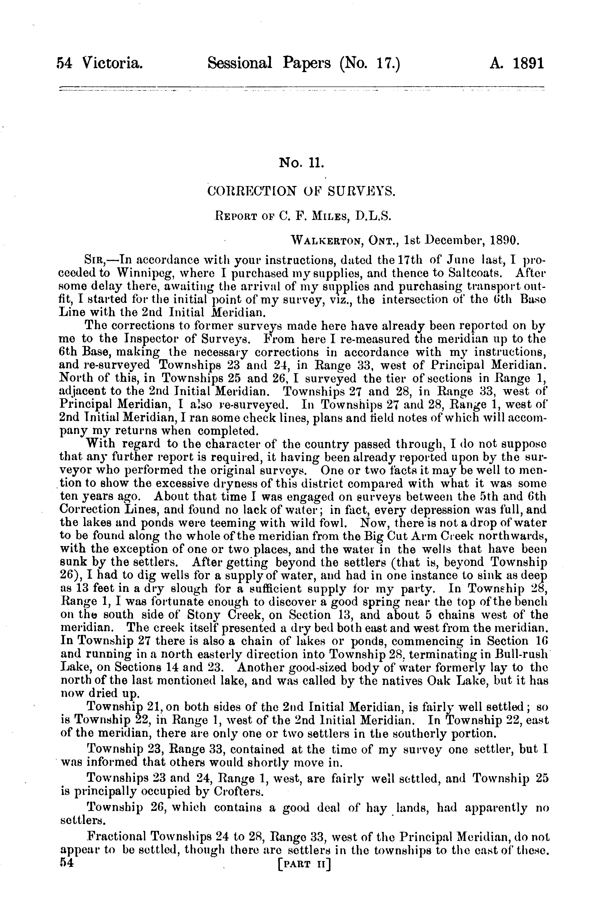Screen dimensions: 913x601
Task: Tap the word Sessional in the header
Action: (x=240, y=63)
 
